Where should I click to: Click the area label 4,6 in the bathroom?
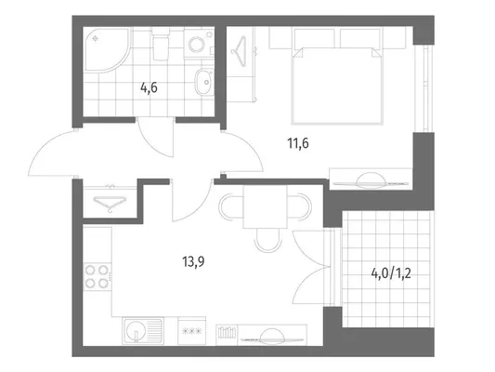point(149,87)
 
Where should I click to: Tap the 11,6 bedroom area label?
point(298,143)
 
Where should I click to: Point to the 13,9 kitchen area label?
point(193,261)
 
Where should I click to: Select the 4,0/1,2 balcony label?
point(391,273)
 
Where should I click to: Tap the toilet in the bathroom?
point(161,44)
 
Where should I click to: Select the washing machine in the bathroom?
point(199,43)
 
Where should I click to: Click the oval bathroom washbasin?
point(203,82)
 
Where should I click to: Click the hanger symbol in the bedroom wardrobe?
point(240,51)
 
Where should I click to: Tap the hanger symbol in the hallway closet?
point(110,203)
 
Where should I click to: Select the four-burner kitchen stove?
point(98,277)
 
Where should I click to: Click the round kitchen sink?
point(136,330)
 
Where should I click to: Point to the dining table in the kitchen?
point(265,206)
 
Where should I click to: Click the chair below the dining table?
point(267,240)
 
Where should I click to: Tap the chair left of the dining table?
point(231,207)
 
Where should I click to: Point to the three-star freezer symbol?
point(192,331)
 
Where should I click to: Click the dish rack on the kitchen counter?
point(228,333)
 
